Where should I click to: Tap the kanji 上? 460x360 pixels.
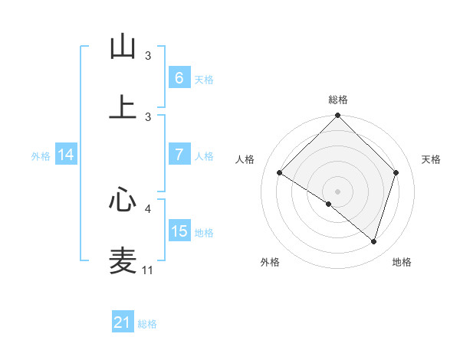point(123,106)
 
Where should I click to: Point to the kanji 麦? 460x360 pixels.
point(123,260)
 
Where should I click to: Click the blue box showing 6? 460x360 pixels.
point(179,78)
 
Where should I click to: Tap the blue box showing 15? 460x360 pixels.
point(179,231)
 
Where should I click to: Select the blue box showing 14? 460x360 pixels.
point(66,155)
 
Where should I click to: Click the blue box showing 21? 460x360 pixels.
point(123,322)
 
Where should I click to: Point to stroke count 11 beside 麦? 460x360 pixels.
point(148,270)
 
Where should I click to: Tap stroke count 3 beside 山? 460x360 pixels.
point(148,55)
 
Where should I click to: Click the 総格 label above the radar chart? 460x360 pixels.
point(338,100)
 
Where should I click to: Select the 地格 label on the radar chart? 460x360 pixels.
point(402,262)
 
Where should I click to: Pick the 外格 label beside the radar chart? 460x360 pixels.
point(270,262)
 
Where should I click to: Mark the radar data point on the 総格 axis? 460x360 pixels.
point(338,116)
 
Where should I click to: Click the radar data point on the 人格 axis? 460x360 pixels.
point(280,173)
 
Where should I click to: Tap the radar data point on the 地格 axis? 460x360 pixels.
point(373,241)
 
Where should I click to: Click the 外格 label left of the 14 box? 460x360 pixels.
point(41,155)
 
